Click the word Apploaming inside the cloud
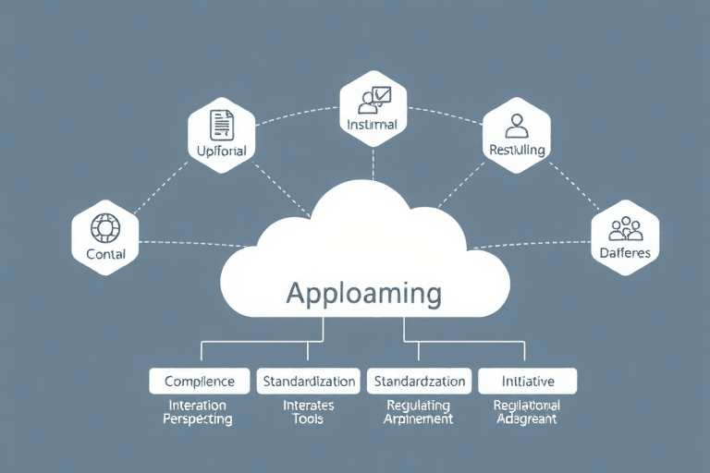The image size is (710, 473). pyautogui.click(x=363, y=293)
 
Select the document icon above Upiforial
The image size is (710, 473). pyautogui.click(x=221, y=124)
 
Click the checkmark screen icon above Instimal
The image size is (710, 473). pyautogui.click(x=375, y=98)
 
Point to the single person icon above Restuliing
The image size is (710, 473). pyautogui.click(x=516, y=124)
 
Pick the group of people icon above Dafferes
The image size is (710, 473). pyautogui.click(x=624, y=227)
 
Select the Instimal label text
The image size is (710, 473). pyautogui.click(x=373, y=124)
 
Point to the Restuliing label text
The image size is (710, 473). pyautogui.click(x=517, y=150)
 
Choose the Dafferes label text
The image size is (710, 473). pyautogui.click(x=624, y=252)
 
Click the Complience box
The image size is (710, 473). pyautogui.click(x=199, y=381)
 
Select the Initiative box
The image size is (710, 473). pyautogui.click(x=527, y=381)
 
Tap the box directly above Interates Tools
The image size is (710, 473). pyautogui.click(x=308, y=381)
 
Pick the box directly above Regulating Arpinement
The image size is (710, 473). pyautogui.click(x=419, y=381)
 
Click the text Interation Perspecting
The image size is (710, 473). pyautogui.click(x=198, y=412)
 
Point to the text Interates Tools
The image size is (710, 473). pyautogui.click(x=309, y=412)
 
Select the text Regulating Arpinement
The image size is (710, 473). pyautogui.click(x=419, y=412)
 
